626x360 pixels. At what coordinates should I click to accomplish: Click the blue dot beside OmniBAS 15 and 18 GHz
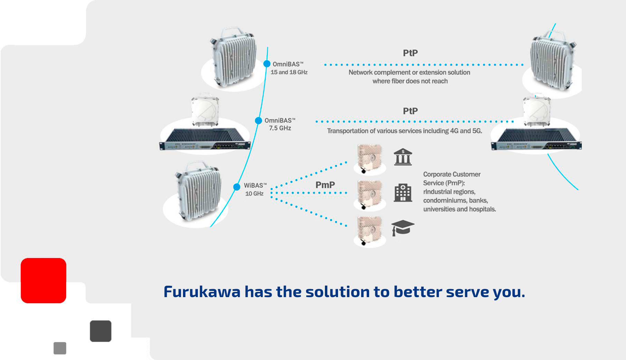[x=267, y=64]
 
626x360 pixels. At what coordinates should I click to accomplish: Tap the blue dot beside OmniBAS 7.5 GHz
[x=258, y=121]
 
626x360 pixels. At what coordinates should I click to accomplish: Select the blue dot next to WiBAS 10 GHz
[x=237, y=187]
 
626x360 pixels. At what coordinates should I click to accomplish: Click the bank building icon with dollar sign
[x=403, y=157]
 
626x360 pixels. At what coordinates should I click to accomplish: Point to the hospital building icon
[x=403, y=192]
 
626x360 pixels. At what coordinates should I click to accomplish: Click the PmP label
[x=325, y=185]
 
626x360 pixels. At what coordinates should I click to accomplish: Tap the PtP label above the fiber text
[x=410, y=53]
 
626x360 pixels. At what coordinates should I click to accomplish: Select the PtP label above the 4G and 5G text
[x=410, y=111]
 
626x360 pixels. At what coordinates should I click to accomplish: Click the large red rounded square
[x=44, y=281]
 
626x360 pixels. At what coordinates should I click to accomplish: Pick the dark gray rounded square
[x=100, y=331]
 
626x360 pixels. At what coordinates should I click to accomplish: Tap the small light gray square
[x=60, y=348]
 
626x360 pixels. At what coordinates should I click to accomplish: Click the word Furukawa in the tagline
[x=202, y=292]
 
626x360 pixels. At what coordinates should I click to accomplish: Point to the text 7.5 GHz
[x=280, y=128]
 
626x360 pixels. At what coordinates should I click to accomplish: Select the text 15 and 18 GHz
[x=289, y=72]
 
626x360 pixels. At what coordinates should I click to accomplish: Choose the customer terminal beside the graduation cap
[x=370, y=231]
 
